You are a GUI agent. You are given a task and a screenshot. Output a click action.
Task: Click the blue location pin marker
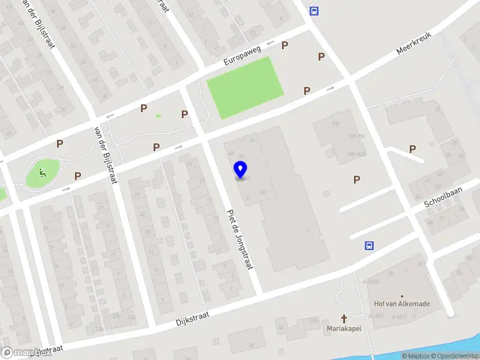(241, 171)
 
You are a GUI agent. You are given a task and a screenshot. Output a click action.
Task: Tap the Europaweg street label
(244, 53)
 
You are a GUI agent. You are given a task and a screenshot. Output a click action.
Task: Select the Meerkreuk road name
(415, 43)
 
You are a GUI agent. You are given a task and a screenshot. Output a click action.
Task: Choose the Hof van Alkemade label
(401, 304)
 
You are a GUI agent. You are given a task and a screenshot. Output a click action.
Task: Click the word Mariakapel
(344, 329)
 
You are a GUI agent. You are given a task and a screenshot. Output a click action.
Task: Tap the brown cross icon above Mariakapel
(344, 319)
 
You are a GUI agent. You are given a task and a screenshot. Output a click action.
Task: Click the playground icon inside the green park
(41, 173)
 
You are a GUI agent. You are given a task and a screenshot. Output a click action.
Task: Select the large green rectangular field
(244, 88)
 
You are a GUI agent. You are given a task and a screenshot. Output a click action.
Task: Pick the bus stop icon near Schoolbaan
(370, 245)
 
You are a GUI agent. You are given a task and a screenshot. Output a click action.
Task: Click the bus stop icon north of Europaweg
(313, 10)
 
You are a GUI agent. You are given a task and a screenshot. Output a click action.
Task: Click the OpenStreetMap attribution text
(457, 356)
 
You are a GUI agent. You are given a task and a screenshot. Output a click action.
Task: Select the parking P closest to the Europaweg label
(285, 45)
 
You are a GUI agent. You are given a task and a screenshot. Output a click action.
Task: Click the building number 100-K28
(356, 154)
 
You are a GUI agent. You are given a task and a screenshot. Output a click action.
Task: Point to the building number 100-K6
(356, 137)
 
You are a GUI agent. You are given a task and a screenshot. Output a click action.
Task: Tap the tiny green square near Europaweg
(158, 116)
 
